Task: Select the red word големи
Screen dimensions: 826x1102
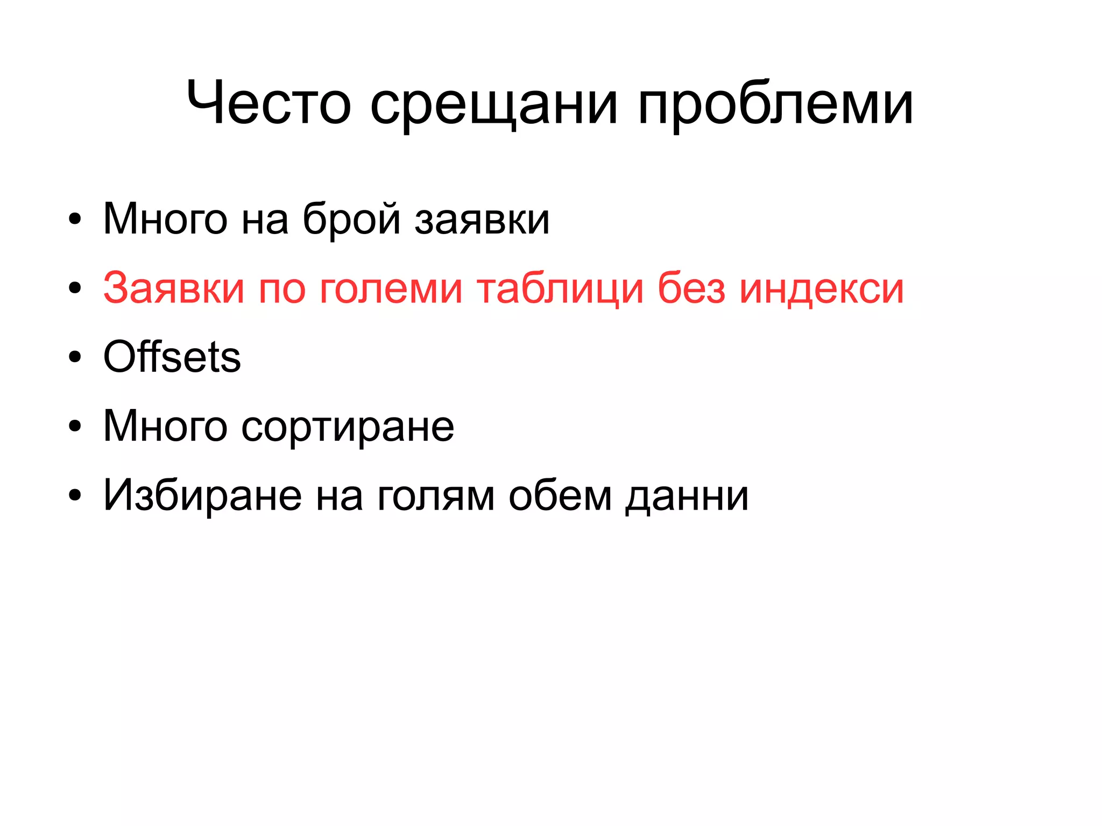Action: pos(391,289)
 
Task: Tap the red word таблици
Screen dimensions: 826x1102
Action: pos(560,289)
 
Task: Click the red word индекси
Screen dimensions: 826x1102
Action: pos(822,289)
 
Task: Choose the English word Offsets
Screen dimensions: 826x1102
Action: pos(172,357)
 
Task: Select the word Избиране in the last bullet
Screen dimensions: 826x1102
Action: pos(202,495)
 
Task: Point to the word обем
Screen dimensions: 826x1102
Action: pos(560,495)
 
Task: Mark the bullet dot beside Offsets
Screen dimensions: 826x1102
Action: pos(75,357)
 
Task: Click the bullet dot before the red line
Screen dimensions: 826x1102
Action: pos(75,288)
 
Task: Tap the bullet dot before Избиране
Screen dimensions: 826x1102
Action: pos(75,495)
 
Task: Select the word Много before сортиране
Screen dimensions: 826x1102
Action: pos(165,426)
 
